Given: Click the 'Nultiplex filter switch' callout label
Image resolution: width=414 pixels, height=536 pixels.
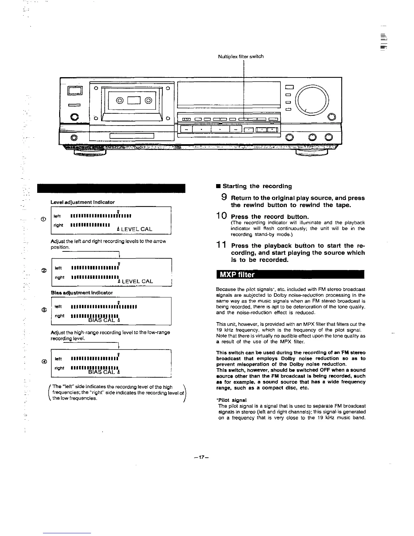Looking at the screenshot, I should pos(241,57).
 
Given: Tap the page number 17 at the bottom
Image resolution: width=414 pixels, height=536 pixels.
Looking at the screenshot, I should pos(202,457).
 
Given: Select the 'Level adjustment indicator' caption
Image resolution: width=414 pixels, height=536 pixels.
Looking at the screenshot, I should pos(83,202).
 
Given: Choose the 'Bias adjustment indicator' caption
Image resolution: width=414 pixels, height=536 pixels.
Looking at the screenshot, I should pos(82,292).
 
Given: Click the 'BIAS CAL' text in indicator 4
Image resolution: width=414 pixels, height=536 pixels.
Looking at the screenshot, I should pos(101,372).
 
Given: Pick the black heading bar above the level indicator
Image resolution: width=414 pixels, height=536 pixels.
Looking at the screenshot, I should pos(112,188).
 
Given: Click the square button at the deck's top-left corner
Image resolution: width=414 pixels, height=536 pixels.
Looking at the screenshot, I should pos(75,90).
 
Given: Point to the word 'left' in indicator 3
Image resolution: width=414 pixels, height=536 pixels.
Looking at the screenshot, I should pos(58,307).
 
